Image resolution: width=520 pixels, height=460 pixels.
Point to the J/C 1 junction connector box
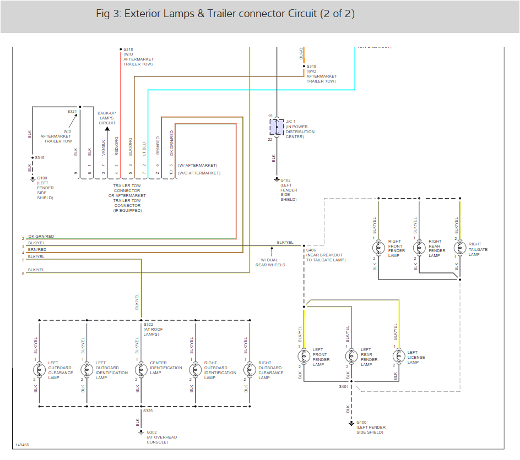click(277, 127)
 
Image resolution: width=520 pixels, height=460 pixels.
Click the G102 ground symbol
click(277, 179)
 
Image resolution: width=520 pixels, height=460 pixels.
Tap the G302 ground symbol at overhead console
click(141, 432)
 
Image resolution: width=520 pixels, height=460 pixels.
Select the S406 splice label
click(311, 250)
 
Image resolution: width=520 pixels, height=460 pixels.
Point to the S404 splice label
click(343, 386)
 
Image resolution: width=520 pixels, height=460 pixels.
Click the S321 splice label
click(72, 111)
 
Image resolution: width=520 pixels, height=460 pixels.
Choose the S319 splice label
click(312, 67)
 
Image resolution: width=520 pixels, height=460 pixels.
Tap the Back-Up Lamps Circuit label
click(107, 118)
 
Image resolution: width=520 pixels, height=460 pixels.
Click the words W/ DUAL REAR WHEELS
click(270, 262)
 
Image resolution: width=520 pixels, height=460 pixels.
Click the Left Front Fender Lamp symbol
click(304, 357)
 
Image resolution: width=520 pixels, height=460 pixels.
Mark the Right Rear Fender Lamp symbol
click(419, 248)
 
